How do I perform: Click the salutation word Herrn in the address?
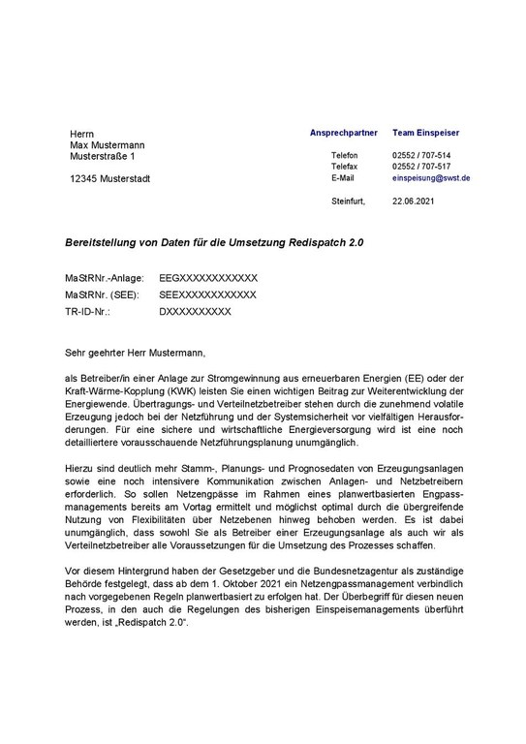[x=82, y=133]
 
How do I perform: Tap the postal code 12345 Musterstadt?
[x=109, y=179]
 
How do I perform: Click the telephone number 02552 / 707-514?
[x=421, y=156]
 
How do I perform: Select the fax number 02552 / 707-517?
[x=421, y=168]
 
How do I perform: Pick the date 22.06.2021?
[x=414, y=201]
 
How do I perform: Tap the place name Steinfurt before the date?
[x=348, y=201]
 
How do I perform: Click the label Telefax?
[x=345, y=168]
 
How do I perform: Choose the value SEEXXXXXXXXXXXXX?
[x=207, y=294]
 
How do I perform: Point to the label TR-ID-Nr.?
[x=87, y=312]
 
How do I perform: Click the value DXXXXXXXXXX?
[x=195, y=312]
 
